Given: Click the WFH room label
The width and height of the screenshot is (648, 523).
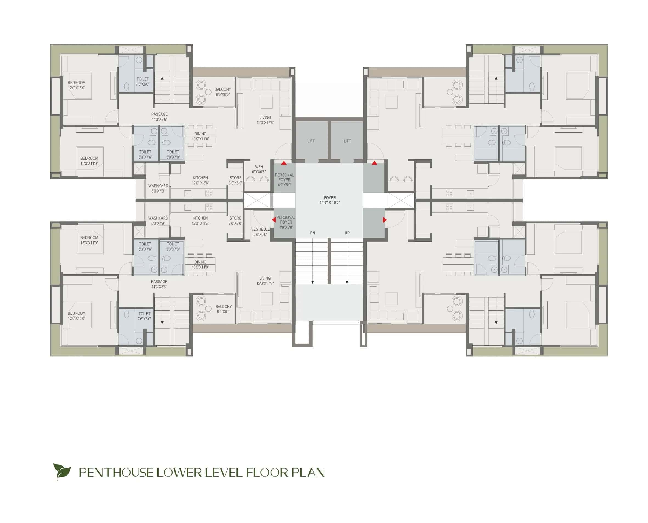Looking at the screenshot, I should click(x=259, y=167).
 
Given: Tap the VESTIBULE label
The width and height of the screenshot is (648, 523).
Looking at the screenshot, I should click(x=260, y=230).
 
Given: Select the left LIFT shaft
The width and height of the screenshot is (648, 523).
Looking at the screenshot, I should click(x=311, y=141).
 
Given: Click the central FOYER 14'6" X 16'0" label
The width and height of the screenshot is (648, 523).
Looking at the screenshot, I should click(x=330, y=200).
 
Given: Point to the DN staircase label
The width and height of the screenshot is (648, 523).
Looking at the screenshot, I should click(x=312, y=233).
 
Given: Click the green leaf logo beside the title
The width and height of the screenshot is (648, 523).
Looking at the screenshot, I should click(x=62, y=471).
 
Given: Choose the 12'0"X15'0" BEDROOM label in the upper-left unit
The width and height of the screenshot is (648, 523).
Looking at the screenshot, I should click(x=77, y=85).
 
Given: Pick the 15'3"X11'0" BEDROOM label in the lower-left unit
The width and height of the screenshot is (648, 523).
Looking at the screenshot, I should click(x=89, y=240).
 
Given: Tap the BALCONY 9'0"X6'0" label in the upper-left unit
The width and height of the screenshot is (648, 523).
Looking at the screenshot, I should click(x=223, y=92).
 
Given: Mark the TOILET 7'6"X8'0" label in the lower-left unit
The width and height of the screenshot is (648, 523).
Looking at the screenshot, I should click(x=144, y=316).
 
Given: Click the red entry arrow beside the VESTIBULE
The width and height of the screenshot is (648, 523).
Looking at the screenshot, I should click(x=274, y=220).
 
